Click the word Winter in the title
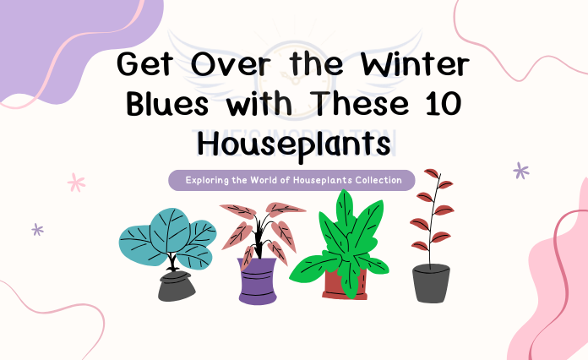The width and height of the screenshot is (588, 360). point(411,65)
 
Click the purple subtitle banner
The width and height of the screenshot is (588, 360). point(291,180)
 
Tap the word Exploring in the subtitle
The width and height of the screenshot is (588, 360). point(211,180)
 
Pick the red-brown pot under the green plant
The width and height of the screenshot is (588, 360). point(345,286)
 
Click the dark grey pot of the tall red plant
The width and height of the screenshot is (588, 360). point(431,283)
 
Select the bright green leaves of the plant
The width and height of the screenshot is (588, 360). point(343,241)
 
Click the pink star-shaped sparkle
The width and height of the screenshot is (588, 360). point(77,182)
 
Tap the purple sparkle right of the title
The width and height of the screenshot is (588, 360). point(521,171)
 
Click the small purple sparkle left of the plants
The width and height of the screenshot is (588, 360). point(37,229)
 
